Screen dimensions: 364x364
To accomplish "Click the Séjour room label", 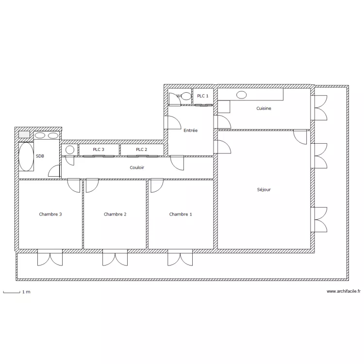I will (264, 190).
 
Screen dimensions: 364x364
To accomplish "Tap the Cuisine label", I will (264, 109).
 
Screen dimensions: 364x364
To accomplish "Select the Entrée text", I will (190, 131).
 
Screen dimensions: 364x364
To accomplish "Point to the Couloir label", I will (137, 167).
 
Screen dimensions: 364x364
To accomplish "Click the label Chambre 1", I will (181, 214).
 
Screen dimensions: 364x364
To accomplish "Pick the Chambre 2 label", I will (115, 214).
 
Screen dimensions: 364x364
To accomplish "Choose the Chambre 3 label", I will (50, 214).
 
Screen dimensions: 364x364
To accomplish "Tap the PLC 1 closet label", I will (203, 96).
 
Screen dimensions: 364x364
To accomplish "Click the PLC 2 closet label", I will (141, 149).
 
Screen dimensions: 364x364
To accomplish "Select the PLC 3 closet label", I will (99, 149).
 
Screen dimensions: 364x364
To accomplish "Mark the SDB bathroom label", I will (40, 156).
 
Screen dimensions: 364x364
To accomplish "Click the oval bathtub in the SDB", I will (26, 156).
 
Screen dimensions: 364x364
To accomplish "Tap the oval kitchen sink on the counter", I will (241, 95).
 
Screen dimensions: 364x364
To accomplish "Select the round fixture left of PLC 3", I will (70, 149).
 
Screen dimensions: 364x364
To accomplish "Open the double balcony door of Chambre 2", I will (115, 258).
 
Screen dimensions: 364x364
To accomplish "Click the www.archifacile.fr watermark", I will (344, 292).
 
